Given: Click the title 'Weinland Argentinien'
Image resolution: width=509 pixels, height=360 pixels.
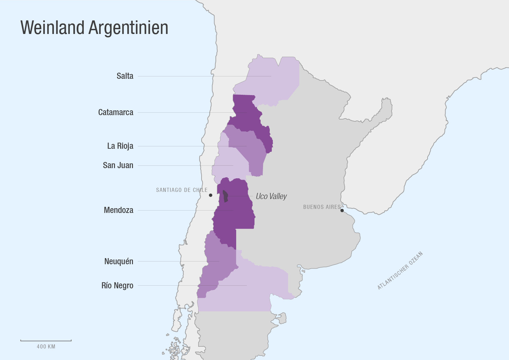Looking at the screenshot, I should [x=94, y=28].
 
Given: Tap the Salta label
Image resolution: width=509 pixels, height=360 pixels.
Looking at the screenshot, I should [x=125, y=76].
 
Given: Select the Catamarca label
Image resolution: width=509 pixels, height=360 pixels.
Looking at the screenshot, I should [x=116, y=112].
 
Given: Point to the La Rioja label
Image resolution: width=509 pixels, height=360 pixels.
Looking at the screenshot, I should [x=120, y=146].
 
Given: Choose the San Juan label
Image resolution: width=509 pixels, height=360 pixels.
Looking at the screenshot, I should [x=118, y=165].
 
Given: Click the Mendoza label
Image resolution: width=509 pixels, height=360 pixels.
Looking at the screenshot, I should [x=118, y=210].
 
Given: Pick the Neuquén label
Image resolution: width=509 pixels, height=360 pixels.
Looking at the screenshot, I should [x=119, y=262].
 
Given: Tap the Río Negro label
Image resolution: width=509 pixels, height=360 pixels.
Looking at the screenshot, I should [x=117, y=286].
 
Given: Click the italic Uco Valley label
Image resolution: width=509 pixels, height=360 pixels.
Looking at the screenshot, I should [x=271, y=196].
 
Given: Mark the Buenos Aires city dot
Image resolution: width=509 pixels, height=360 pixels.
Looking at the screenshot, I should [x=342, y=211].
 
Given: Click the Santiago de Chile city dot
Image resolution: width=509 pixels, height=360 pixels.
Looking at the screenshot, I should [x=210, y=195].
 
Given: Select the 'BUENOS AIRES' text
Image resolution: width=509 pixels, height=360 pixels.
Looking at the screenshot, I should [x=322, y=207].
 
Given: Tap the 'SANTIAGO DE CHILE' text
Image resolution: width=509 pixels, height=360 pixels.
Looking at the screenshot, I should [x=182, y=190].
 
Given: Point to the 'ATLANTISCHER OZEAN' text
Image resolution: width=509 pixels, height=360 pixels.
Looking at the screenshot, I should [x=400, y=270].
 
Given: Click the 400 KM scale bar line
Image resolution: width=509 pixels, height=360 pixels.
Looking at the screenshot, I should [x=46, y=340].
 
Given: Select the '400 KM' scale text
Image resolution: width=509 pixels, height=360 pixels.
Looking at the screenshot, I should [x=46, y=347].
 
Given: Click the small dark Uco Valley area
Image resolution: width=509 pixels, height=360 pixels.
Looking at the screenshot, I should [x=225, y=196].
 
